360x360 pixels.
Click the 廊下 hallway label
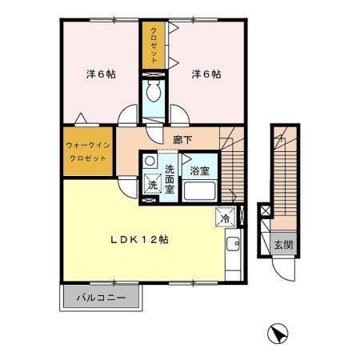182,138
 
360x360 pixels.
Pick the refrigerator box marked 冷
225,217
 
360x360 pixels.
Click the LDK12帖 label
138,238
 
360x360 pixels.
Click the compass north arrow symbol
277,332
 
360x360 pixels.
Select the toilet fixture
153,94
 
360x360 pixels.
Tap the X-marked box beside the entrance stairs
265,212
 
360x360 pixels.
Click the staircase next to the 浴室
234,168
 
